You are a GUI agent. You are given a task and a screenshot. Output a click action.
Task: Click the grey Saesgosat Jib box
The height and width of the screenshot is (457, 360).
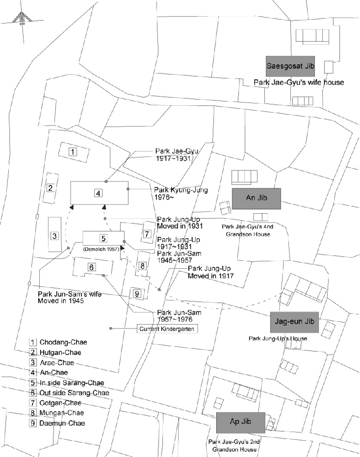click(290, 66)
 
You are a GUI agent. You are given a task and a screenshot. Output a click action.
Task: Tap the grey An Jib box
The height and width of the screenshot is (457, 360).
click(257, 198)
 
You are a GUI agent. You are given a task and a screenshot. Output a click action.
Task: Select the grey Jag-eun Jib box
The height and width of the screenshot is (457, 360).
click(294, 322)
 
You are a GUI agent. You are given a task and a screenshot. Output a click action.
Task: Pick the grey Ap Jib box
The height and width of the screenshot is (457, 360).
click(241, 422)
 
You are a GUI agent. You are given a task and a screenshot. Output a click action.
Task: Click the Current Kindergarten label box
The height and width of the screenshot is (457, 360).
click(167, 329)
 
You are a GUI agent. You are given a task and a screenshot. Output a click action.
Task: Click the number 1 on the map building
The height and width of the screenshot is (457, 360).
click(72, 151)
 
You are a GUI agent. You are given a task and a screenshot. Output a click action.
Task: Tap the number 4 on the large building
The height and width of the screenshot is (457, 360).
click(98, 193)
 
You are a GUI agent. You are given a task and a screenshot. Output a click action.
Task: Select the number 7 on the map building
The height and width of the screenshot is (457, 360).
click(147, 234)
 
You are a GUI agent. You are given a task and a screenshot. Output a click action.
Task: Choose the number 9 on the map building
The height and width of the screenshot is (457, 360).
click(137, 294)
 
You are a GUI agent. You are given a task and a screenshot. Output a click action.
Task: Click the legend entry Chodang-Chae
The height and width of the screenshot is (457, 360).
click(58, 342)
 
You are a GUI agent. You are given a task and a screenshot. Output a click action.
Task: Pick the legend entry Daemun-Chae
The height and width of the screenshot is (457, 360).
click(57, 423)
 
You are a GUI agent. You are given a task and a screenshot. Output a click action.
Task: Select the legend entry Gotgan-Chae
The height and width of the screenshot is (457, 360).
click(55, 403)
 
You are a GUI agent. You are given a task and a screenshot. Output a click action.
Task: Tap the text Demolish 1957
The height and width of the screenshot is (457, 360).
click(102, 249)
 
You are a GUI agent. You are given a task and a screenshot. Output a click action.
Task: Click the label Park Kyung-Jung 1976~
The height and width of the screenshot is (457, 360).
click(181, 193)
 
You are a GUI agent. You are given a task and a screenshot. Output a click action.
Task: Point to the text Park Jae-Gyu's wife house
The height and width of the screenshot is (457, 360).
click(299, 83)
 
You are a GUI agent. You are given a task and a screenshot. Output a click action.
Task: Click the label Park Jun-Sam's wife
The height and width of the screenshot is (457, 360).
click(70, 294)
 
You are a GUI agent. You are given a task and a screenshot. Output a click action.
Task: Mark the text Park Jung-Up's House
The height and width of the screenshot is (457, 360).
click(278, 338)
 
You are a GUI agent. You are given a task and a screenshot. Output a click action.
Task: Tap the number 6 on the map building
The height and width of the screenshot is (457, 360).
click(91, 267)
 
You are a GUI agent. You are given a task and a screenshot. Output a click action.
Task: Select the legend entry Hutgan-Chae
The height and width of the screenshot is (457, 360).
click(55, 353)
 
